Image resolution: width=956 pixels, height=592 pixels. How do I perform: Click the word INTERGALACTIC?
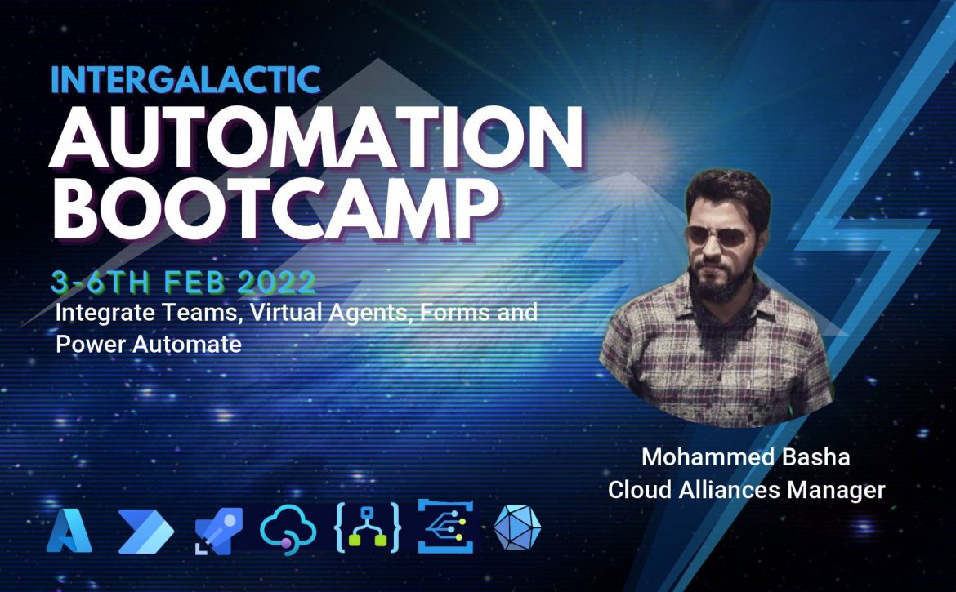coord(185,79)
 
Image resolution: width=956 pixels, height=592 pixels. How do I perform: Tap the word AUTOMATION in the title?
coord(316,138)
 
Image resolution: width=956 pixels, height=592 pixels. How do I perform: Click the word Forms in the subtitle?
coord(455,313)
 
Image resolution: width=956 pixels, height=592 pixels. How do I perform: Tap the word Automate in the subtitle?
coord(187,344)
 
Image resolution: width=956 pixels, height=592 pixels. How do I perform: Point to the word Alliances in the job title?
coord(728,490)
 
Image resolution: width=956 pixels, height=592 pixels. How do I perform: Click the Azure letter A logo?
coord(69,531)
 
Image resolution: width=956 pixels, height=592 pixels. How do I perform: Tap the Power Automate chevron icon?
coord(145,532)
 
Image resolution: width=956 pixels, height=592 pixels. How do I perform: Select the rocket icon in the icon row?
coord(218,531)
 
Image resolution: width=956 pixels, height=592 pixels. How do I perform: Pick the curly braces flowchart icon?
coord(368,527)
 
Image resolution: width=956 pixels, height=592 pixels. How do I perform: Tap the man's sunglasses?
coord(717,236)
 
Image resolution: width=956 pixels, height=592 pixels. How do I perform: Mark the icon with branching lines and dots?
coord(445,526)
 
